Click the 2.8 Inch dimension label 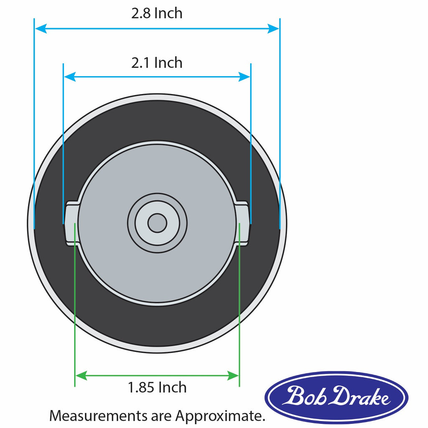157,13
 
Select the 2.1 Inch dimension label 157,63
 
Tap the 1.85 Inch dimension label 157,387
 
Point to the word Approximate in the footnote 220,416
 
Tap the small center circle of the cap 157,223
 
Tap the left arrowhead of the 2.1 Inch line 69,76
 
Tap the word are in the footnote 161,416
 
